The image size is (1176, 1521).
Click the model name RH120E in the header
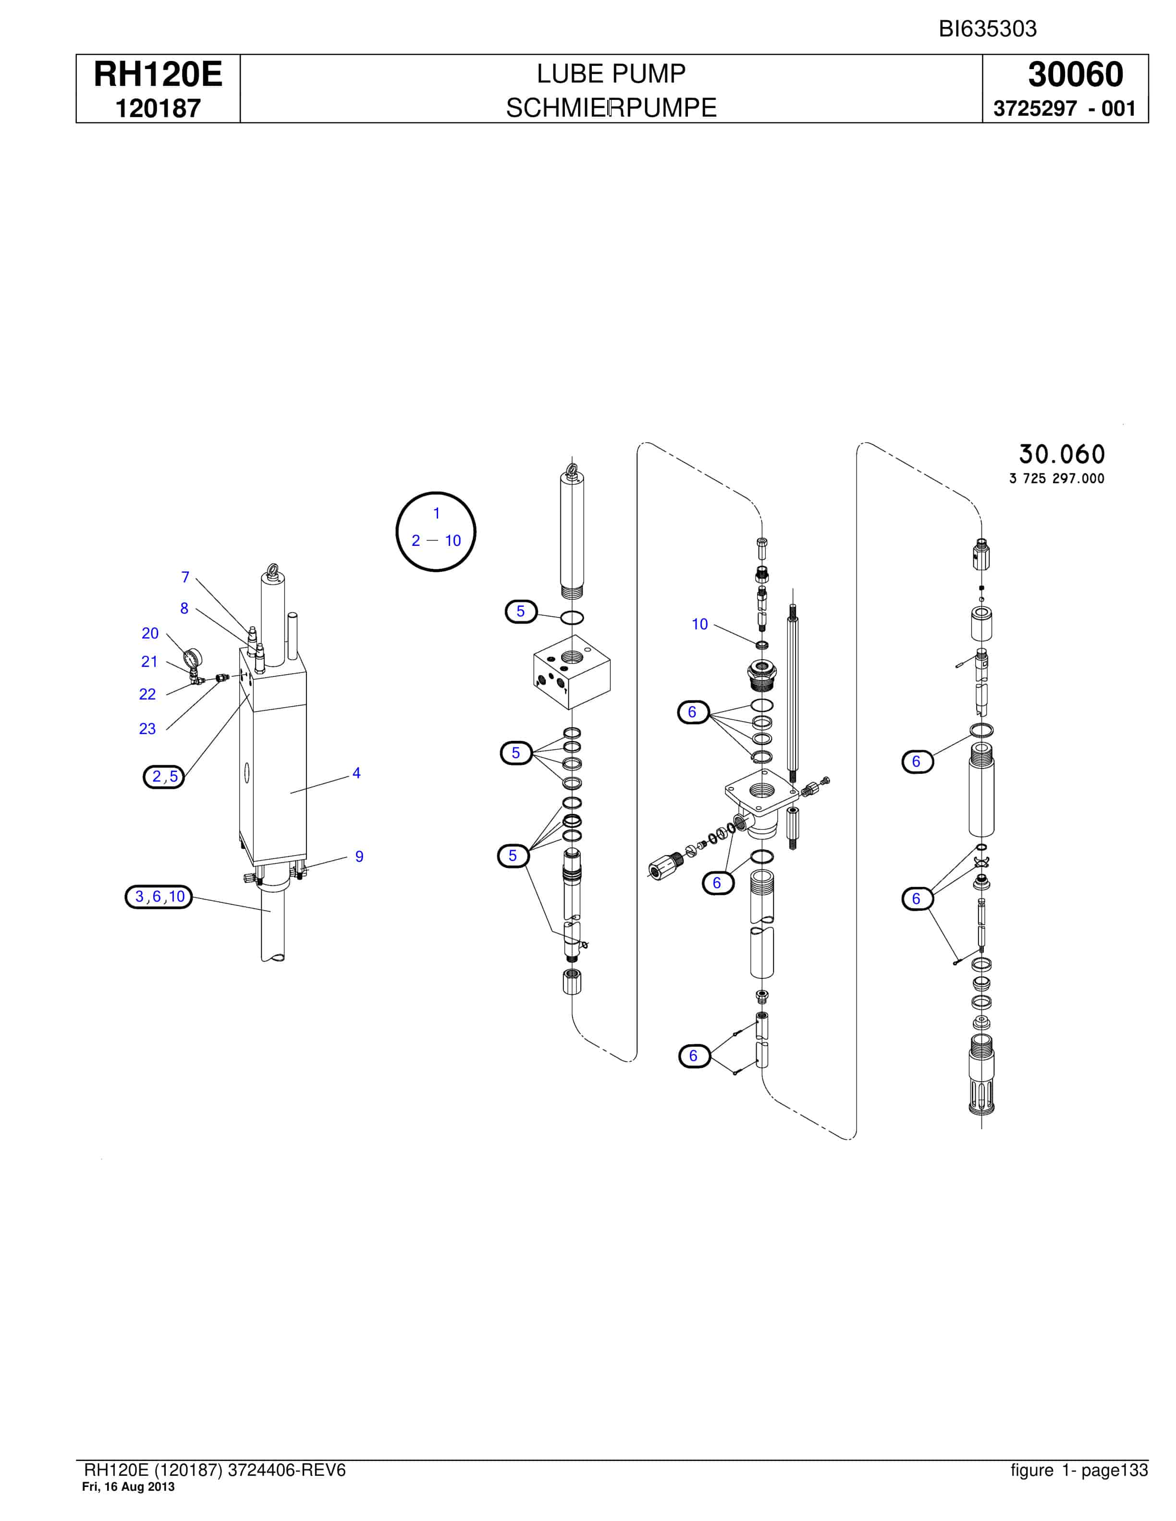pos(158,74)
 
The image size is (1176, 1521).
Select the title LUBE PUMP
pos(611,73)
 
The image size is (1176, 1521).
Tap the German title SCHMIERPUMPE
pos(611,108)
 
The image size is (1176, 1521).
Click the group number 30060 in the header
pos(1075,74)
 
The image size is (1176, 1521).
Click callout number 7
pos(185,577)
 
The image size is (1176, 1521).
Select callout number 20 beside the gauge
pos(150,633)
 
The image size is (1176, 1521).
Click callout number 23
pos(147,728)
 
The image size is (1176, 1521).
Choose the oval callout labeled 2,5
pos(164,776)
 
